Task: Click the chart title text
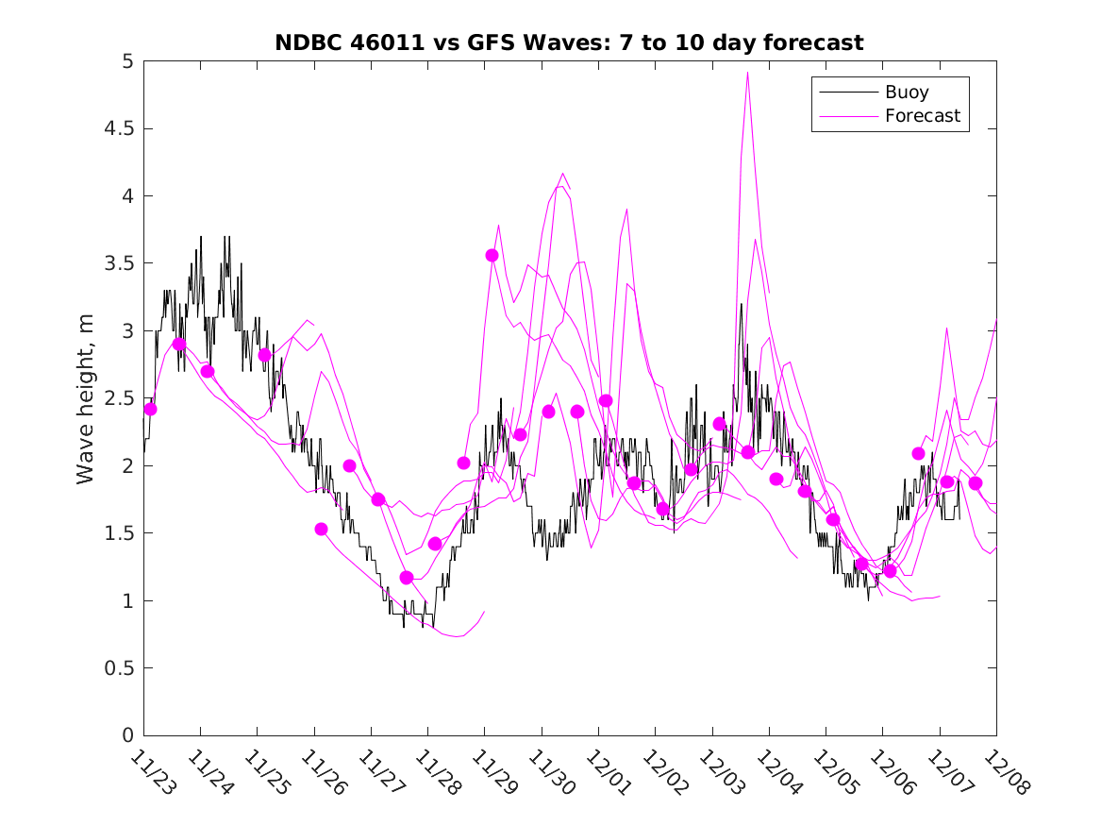pyautogui.click(x=569, y=43)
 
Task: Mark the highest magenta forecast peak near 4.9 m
pyautogui.click(x=747, y=73)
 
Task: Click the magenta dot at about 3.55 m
pyautogui.click(x=492, y=255)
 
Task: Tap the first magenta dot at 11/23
pyautogui.click(x=150, y=409)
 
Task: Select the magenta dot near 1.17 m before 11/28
pyautogui.click(x=407, y=577)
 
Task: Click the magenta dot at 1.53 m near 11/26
pyautogui.click(x=321, y=529)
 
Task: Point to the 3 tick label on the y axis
pyautogui.click(x=126, y=330)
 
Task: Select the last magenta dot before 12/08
pyautogui.click(x=976, y=482)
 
